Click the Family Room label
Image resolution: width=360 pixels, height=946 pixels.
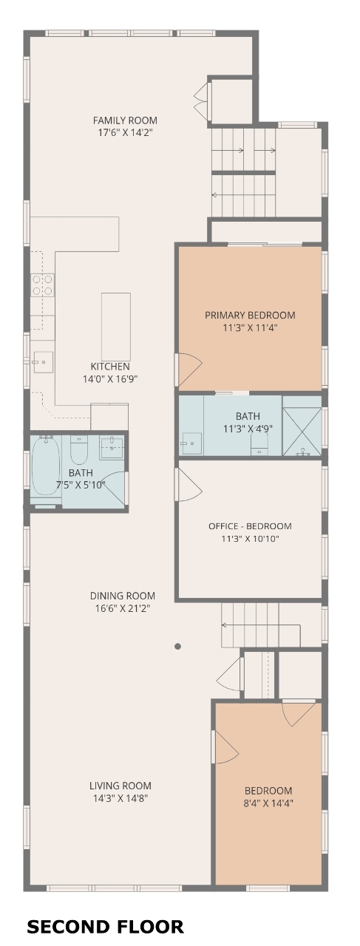pyautogui.click(x=125, y=120)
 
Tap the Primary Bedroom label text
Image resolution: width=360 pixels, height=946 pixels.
pyautogui.click(x=250, y=315)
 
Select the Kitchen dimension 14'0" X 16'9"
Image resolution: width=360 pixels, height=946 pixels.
pyautogui.click(x=110, y=379)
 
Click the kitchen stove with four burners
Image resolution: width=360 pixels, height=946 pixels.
pyautogui.click(x=43, y=285)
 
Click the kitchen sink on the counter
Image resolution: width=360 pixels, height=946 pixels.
pyautogui.click(x=43, y=362)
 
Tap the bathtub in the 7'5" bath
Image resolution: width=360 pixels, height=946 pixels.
pyautogui.click(x=46, y=466)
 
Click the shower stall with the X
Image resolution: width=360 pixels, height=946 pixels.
pyautogui.click(x=302, y=431)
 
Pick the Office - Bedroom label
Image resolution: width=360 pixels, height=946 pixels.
pyautogui.click(x=250, y=526)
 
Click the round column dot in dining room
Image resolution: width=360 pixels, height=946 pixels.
pyautogui.click(x=178, y=646)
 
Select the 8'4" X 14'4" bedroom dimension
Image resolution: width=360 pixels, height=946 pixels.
pyautogui.click(x=269, y=803)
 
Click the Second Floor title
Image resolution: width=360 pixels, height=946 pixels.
pyautogui.click(x=105, y=927)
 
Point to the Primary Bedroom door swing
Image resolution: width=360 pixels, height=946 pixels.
pyautogui.click(x=189, y=370)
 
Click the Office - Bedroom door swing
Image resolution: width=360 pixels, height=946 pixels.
pyautogui.click(x=189, y=485)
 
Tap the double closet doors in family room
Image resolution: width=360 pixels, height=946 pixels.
pyautogui.click(x=202, y=98)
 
